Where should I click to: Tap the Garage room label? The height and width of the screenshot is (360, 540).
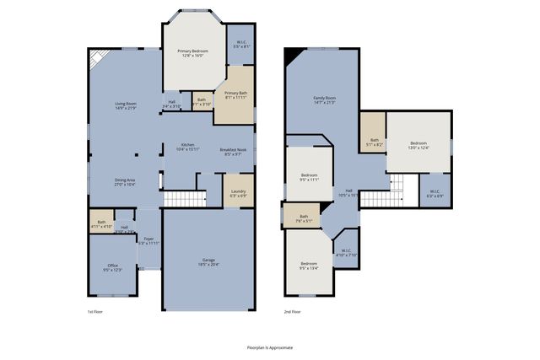[x=208, y=261]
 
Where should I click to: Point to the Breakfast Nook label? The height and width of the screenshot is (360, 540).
[x=233, y=152]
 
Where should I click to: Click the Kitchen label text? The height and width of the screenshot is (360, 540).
[x=187, y=147]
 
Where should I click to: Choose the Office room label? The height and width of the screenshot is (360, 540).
[x=113, y=267]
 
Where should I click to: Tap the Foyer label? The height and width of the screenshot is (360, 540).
[x=148, y=240]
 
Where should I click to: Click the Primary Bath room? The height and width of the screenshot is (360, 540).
[x=236, y=95]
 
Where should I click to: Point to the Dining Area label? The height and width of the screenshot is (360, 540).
[x=125, y=181]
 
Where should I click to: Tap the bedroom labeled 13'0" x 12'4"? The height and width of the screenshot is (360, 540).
[x=418, y=145]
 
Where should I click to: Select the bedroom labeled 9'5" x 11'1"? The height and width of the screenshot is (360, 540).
[x=309, y=177]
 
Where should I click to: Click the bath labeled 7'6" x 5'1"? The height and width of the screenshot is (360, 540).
[x=303, y=218]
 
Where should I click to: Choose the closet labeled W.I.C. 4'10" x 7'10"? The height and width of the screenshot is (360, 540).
[x=346, y=252]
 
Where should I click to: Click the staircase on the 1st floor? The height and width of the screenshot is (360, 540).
[x=183, y=199]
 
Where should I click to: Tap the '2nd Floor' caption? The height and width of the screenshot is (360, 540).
[x=293, y=311]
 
